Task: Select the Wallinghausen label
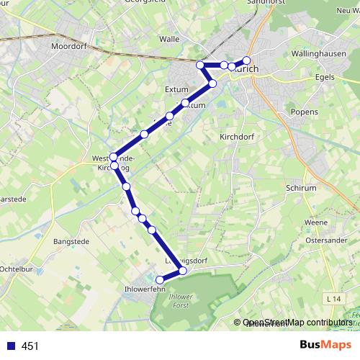[x=320, y=53]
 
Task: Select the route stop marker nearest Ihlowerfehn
[x=160, y=279]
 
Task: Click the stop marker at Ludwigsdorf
[x=183, y=271]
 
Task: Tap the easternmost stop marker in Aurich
[x=246, y=60]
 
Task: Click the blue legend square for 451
[x=11, y=346]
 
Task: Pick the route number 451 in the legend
[x=30, y=346]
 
